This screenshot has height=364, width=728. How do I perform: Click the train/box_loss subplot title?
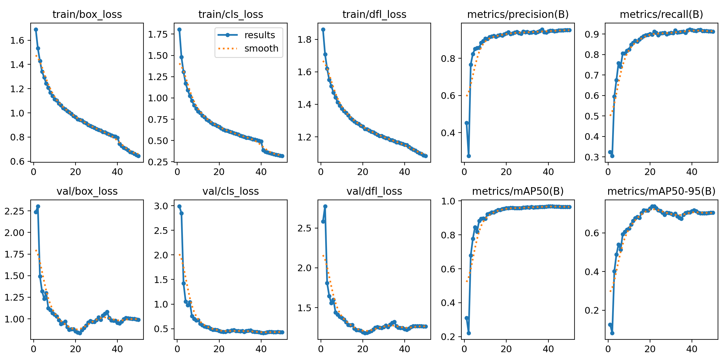[87, 14]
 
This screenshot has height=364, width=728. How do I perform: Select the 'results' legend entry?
[259, 35]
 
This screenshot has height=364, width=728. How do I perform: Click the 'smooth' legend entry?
[261, 49]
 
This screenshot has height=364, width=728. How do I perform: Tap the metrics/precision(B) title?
[518, 14]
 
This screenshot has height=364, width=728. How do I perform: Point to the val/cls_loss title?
[231, 191]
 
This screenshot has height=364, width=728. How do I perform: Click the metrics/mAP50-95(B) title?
[661, 191]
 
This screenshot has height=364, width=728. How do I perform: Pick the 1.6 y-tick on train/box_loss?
[17, 40]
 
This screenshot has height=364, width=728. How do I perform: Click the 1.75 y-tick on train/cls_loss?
[158, 34]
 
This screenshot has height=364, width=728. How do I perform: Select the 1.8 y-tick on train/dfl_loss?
[305, 39]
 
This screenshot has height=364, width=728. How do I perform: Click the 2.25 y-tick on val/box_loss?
[14, 211]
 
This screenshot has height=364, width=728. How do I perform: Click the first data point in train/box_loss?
[36, 29]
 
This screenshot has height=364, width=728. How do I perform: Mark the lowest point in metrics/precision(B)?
[469, 156]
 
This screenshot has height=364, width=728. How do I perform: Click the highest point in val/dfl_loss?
[325, 206]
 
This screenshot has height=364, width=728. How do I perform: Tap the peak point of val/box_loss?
[38, 206]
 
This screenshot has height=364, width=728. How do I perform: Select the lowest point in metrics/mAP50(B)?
[469, 333]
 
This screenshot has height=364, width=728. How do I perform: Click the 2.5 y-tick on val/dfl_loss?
[305, 228]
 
